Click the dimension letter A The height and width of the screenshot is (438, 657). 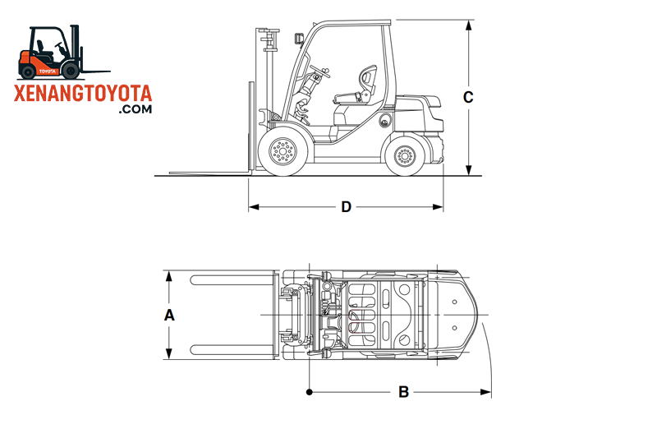pos(169,315)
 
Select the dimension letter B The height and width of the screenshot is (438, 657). pos(403,392)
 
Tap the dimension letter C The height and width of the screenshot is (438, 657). pos(468,97)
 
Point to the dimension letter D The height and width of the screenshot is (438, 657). pos(347,206)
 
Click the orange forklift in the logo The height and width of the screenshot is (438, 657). pos(51,53)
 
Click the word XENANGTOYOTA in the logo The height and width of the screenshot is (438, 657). pos(84,92)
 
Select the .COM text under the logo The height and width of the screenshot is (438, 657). pos(135,108)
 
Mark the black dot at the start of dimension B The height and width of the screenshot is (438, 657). pos(309,392)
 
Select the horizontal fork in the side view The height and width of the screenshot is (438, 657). pos(209,173)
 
